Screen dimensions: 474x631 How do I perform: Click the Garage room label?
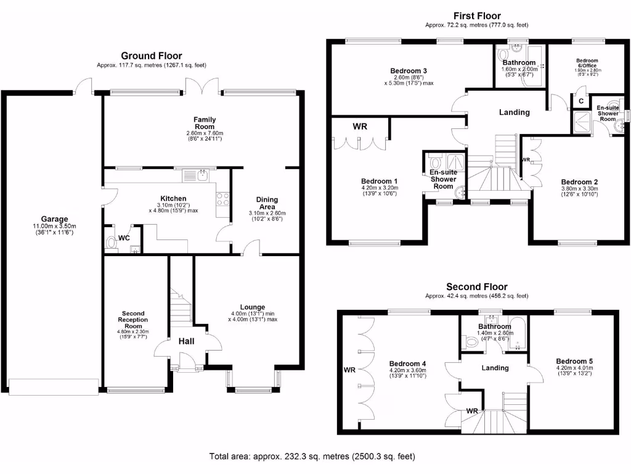[55, 219]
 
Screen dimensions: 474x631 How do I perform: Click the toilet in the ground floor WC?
[111, 243]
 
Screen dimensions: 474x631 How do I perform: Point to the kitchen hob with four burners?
[222, 199]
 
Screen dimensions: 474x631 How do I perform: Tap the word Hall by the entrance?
[187, 341]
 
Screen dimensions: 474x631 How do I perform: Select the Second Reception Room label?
[133, 319]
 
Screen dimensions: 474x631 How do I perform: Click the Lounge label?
[253, 307]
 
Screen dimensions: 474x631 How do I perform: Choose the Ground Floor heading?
[151, 56]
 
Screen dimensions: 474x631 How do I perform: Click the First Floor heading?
[477, 16]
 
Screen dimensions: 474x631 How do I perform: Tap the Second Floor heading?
[477, 286]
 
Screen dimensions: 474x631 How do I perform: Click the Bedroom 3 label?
[409, 70]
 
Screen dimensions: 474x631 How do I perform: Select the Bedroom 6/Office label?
[587, 63]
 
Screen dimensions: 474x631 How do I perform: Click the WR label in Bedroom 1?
[360, 126]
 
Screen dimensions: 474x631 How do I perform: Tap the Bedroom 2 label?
[579, 181]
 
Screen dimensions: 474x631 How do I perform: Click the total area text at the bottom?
[312, 457]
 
